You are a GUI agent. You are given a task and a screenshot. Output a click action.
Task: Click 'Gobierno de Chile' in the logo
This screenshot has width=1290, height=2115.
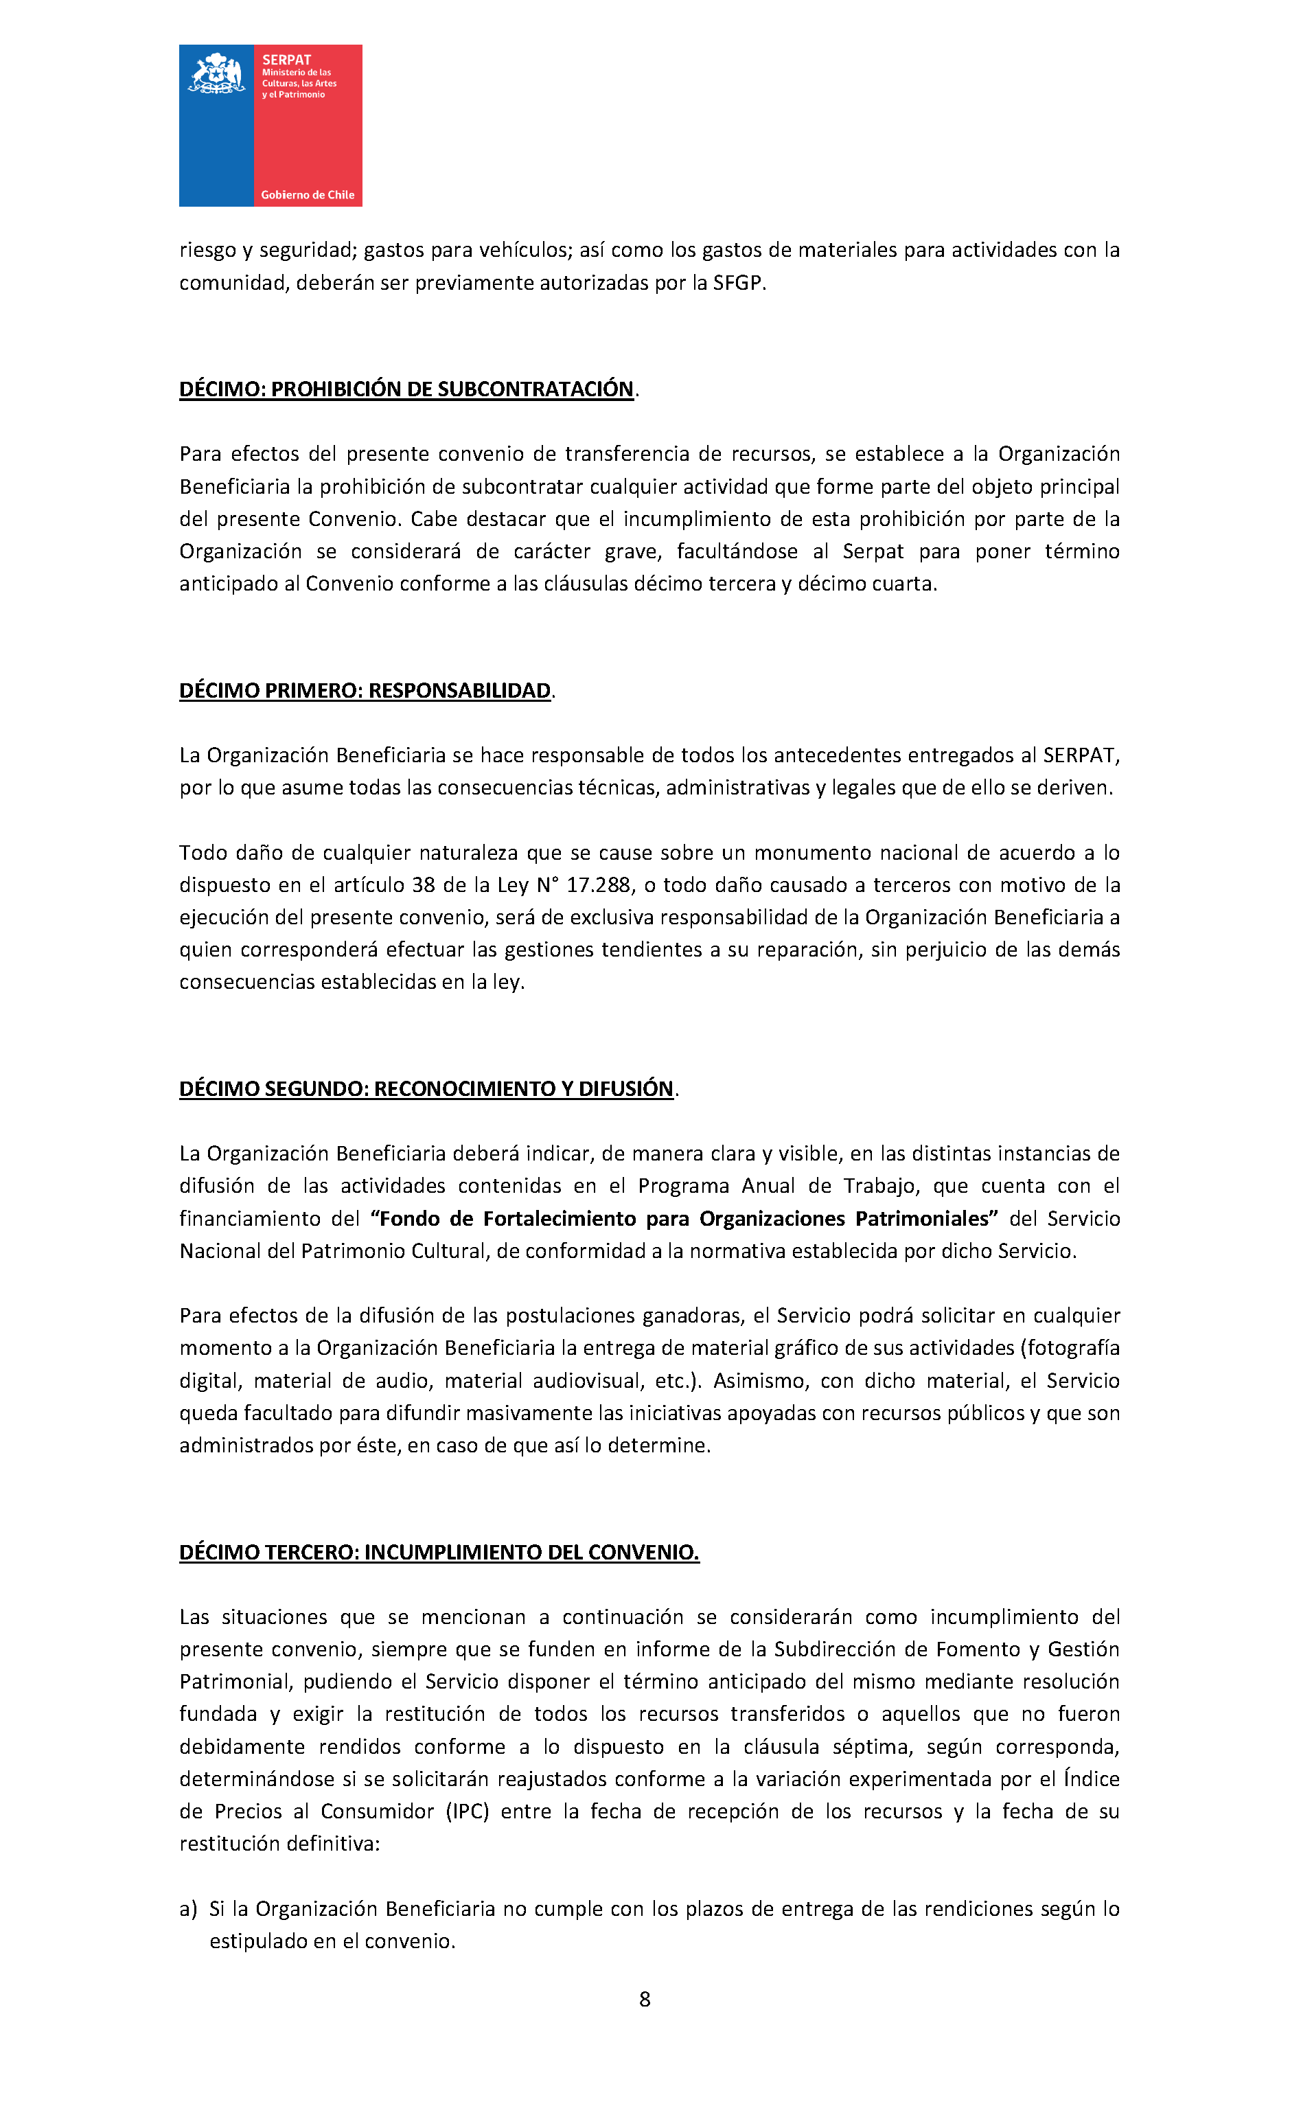click(x=308, y=195)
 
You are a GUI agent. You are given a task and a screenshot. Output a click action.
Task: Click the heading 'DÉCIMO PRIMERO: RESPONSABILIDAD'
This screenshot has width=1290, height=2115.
click(x=365, y=691)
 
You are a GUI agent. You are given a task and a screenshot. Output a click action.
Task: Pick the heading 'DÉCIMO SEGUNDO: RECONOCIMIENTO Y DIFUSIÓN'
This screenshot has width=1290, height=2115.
click(x=426, y=1088)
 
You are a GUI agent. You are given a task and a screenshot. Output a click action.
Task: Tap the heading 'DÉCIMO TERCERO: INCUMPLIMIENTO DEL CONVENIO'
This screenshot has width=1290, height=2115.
click(x=439, y=1552)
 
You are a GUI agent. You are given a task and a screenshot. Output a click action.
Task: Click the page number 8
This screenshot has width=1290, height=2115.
click(x=645, y=1999)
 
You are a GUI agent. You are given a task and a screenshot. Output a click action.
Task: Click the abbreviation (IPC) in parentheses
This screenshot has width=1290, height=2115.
click(x=467, y=1811)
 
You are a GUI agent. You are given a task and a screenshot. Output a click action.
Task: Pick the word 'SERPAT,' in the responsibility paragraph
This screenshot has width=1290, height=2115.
click(x=1081, y=755)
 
